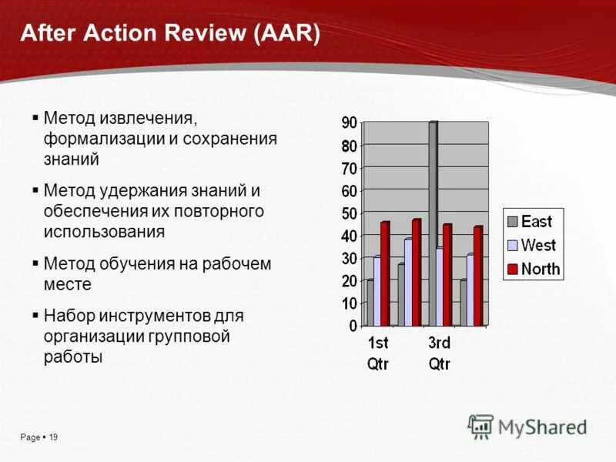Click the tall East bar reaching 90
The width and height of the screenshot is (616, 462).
coord(433,223)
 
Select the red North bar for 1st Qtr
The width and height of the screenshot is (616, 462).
coord(384,273)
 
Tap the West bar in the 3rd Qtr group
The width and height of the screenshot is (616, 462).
coord(440,286)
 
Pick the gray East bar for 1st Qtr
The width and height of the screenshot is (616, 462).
coord(370,303)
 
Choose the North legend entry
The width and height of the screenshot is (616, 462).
coord(532,269)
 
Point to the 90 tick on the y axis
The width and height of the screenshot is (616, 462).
coord(349,122)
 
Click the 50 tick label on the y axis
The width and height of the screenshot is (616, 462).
coord(349,213)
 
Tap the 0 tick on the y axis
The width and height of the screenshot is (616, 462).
coord(353,326)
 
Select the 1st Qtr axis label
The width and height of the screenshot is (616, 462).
coord(377,353)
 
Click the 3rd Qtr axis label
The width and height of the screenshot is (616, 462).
coord(439,353)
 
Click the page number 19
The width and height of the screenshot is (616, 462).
coord(53,437)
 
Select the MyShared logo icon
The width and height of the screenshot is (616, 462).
coord(480,426)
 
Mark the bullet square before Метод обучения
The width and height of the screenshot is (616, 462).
coord(35,263)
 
